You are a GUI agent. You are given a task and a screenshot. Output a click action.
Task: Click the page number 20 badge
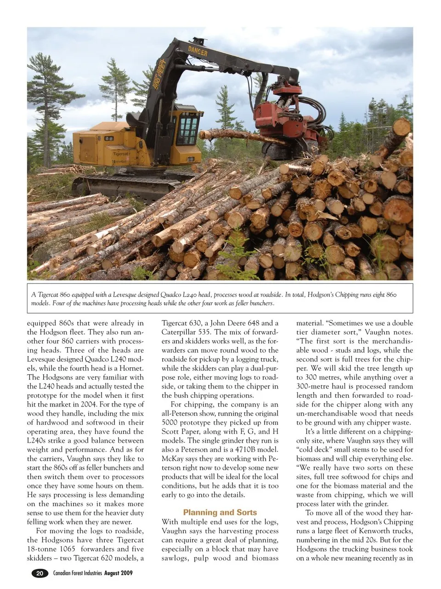(40, 573)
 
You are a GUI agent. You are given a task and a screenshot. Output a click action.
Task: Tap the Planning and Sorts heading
(220, 512)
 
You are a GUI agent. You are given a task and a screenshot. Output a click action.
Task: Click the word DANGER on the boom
(198, 51)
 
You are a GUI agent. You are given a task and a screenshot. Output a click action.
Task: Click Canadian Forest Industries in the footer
(77, 573)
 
